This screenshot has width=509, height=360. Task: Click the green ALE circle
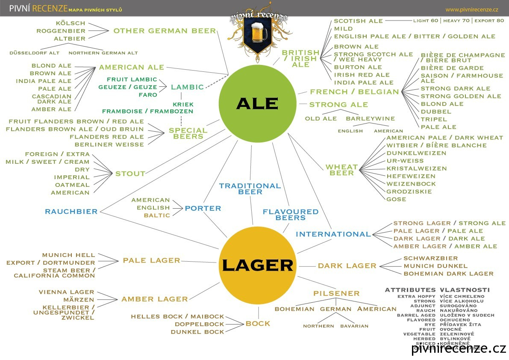pyautogui.click(x=257, y=103)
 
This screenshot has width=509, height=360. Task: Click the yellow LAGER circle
pyautogui.click(x=257, y=265)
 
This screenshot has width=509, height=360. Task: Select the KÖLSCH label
pyautogui.click(x=71, y=23)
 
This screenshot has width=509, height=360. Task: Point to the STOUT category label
pyautogui.click(x=130, y=174)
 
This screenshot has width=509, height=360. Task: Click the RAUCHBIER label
pyautogui.click(x=71, y=211)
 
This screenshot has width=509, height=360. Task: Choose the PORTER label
pyautogui.click(x=203, y=208)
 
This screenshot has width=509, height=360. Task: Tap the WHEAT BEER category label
pyautogui.click(x=341, y=170)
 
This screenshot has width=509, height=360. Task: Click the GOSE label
pyautogui.click(x=396, y=199)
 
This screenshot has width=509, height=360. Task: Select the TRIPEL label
pyautogui.click(x=434, y=119)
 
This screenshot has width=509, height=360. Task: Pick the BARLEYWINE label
pyautogui.click(x=370, y=118)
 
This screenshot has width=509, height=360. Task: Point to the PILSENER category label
pyautogui.click(x=336, y=293)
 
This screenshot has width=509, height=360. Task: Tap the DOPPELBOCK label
pyautogui.click(x=200, y=324)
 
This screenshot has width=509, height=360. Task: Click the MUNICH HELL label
pyautogui.click(x=69, y=255)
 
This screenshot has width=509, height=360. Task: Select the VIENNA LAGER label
pyautogui.click(x=66, y=292)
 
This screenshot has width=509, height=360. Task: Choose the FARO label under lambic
pyautogui.click(x=148, y=95)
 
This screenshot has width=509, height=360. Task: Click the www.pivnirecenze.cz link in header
pyautogui.click(x=472, y=9)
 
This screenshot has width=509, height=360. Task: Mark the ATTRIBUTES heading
pyautogui.click(x=410, y=290)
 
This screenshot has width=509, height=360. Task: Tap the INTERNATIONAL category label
pyautogui.click(x=333, y=234)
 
